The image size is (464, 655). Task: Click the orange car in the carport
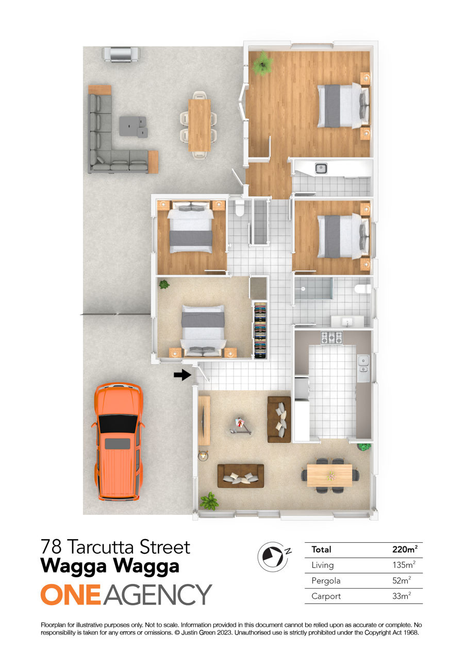point(118,441)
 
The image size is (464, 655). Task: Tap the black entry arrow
point(182,374)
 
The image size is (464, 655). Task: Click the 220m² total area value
point(405,549)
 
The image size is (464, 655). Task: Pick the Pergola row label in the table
point(326,580)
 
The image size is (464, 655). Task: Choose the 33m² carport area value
point(402,596)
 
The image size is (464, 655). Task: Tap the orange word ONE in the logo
point(71,594)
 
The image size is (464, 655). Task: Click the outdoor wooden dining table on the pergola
point(200,125)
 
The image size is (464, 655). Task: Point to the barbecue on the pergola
point(121,55)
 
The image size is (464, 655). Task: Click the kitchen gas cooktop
point(332,337)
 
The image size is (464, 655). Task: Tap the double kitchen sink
point(363,368)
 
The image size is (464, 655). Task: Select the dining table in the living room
point(329,475)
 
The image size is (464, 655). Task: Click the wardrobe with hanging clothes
point(260,330)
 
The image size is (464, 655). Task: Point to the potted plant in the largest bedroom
point(262,64)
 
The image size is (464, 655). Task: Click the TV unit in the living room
point(204,421)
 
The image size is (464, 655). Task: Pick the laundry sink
point(321,168)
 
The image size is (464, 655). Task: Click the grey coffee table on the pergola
point(132,126)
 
